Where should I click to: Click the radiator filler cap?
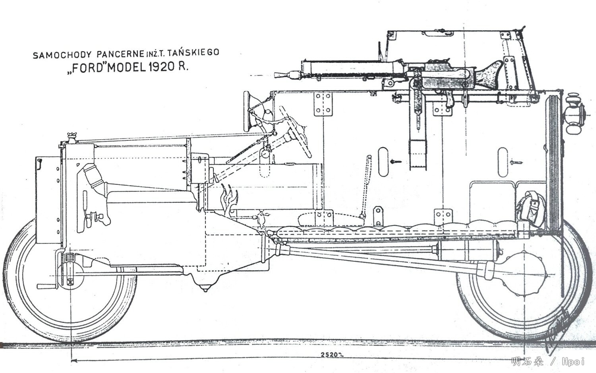[72, 136]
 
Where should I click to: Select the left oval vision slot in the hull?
[383, 161]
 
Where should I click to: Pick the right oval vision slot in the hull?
[503, 161]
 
